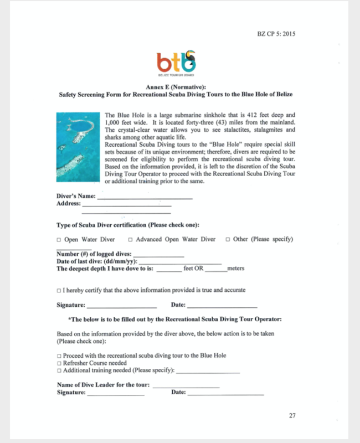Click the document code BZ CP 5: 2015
276,34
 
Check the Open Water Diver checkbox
59,240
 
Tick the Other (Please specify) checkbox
228,240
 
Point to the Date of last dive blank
180,261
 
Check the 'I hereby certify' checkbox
59,290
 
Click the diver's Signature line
121,305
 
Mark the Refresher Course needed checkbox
59,363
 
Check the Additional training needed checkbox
59,370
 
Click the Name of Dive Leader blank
186,385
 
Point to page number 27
292,414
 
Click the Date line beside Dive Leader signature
225,393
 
